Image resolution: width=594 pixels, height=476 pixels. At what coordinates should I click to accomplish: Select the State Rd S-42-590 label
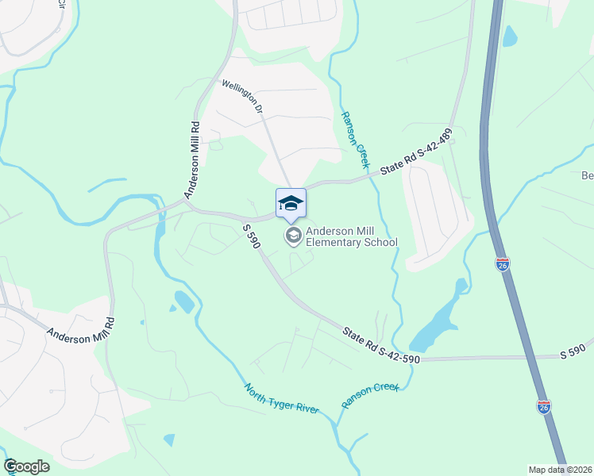[381, 346]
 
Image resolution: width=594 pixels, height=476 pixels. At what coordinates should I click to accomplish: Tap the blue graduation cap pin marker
[291, 203]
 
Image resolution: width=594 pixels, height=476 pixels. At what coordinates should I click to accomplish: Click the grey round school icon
[293, 235]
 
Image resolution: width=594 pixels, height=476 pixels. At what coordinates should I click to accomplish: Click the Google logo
[27, 466]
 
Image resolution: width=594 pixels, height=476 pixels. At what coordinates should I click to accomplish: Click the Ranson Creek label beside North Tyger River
[370, 396]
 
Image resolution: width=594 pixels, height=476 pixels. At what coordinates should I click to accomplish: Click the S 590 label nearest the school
[251, 236]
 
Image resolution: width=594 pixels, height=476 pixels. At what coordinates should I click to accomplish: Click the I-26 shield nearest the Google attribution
[544, 407]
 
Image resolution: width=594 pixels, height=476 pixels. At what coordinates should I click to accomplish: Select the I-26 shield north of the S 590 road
[503, 265]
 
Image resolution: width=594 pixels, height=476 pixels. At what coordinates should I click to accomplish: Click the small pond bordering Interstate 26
[510, 36]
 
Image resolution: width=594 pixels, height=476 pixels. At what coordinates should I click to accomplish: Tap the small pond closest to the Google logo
[168, 439]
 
